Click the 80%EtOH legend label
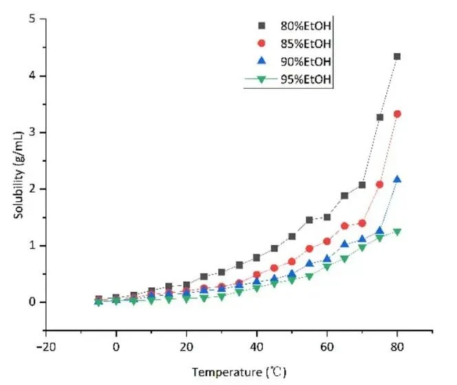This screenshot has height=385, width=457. click(306, 25)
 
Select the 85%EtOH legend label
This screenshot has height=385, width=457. click(306, 44)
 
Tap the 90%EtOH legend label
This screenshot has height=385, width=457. click(306, 61)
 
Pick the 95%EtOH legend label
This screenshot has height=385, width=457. click(306, 79)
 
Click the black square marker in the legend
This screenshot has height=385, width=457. click(262, 25)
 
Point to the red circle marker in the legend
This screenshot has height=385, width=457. click(262, 43)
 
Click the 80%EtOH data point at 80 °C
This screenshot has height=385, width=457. click(397, 56)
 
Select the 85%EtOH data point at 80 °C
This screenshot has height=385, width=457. click(397, 114)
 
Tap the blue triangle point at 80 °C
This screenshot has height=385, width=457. click(397, 179)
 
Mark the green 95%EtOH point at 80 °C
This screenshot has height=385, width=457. click(397, 232)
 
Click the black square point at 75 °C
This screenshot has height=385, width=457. click(380, 117)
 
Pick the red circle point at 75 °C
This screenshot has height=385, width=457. click(379, 185)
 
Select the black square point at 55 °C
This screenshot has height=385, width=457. click(309, 220)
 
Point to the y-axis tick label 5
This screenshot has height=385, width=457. click(32, 19)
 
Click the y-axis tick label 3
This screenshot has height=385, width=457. click(32, 132)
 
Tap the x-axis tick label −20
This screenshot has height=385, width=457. click(45, 347)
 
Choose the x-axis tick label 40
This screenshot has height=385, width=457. click(257, 347)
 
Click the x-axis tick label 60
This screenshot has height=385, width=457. click(327, 347)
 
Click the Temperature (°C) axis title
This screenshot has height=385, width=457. click(239, 373)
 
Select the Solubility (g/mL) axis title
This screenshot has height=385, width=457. click(19, 175)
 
